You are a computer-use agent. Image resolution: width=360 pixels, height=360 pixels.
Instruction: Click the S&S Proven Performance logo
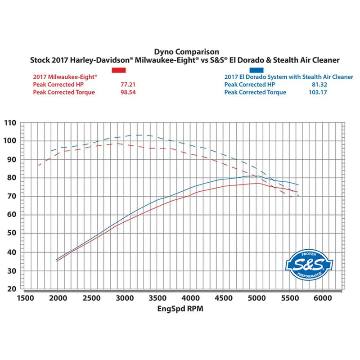click(310, 263)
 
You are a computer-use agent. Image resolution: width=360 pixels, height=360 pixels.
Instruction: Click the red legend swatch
click(119, 71)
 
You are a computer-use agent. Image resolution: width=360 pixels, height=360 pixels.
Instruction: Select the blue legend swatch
click(257, 70)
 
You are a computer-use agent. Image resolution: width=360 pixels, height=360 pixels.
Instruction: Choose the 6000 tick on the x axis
click(323, 298)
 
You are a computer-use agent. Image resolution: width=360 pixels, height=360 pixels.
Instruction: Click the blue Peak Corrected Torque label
click(255, 92)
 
